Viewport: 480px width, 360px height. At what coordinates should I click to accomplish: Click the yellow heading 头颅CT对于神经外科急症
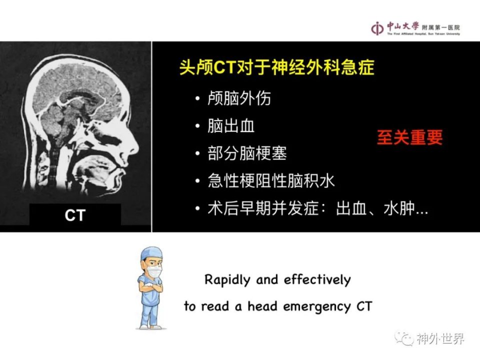[x=276, y=67]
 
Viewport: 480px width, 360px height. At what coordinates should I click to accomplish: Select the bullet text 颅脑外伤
[x=239, y=98]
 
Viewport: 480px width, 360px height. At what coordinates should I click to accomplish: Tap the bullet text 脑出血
[x=231, y=125]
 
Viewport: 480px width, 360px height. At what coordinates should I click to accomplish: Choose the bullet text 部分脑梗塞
[x=247, y=153]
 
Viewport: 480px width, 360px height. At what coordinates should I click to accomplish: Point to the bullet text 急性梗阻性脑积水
[x=271, y=180]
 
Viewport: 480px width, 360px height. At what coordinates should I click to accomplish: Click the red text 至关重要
[x=409, y=137]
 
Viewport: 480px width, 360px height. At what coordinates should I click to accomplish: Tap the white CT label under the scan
[x=75, y=215]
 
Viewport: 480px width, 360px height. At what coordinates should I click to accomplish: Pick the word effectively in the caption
[x=317, y=280]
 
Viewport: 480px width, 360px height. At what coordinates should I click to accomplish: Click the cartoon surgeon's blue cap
[x=151, y=254]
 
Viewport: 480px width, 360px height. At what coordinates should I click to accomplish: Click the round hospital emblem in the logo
[x=377, y=28]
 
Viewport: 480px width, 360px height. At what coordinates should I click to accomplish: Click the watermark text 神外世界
[x=440, y=338]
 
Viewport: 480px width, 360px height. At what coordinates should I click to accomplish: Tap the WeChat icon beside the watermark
[x=404, y=338]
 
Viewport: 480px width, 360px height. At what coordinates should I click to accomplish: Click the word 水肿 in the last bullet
[x=399, y=208]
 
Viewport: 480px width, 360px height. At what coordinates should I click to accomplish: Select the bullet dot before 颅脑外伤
[x=197, y=98]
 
